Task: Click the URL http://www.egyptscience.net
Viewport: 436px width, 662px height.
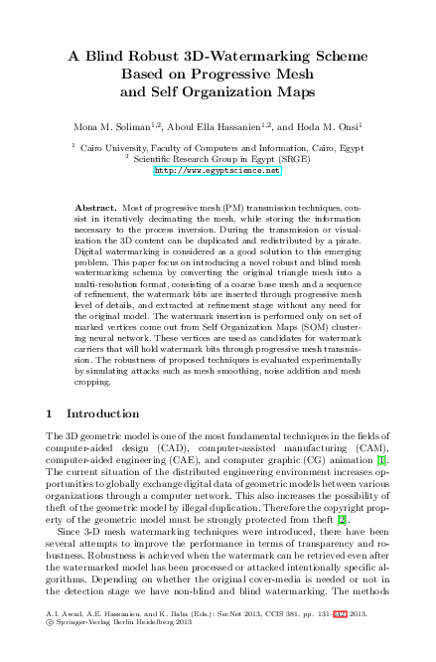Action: click(x=218, y=171)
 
